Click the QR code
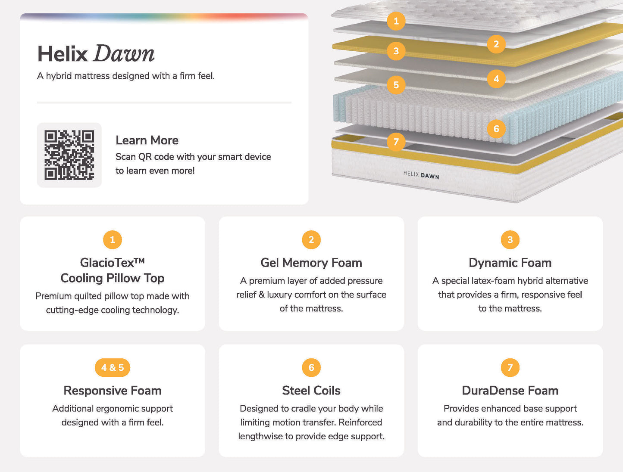click(x=69, y=155)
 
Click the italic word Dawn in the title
click(x=124, y=53)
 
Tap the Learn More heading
click(x=147, y=140)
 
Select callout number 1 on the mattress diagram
click(x=396, y=21)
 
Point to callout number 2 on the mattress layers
click(x=496, y=44)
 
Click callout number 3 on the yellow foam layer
click(x=396, y=51)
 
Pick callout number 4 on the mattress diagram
click(x=496, y=78)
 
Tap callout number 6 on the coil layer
click(x=496, y=129)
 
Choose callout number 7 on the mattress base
click(x=396, y=142)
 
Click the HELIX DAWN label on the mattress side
click(x=421, y=175)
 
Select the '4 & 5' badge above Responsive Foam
click(x=113, y=367)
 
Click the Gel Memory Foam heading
click(x=311, y=263)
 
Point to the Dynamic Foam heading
click(x=510, y=263)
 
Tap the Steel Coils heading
click(x=311, y=390)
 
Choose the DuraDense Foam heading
click(x=510, y=390)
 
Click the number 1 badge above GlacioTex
click(x=113, y=240)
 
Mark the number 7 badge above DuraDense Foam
click(x=510, y=367)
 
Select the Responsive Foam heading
click(x=113, y=390)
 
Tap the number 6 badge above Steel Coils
click(x=311, y=367)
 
